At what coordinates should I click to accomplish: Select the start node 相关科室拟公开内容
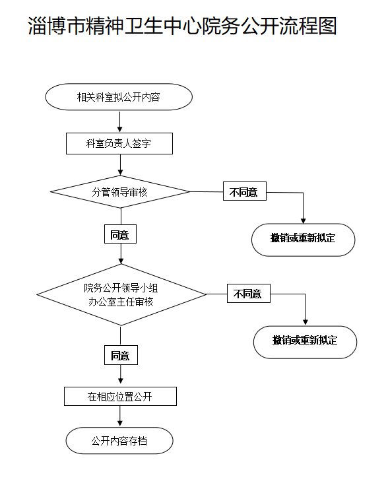pos(119,98)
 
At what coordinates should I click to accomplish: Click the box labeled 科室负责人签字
pos(119,143)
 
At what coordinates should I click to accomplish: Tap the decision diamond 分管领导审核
pos(119,192)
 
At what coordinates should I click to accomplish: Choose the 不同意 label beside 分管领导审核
pos(244,193)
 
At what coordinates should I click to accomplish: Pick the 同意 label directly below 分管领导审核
pos(119,234)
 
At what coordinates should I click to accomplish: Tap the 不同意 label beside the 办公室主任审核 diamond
pos(248,294)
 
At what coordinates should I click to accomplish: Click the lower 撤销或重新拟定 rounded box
pos(305,341)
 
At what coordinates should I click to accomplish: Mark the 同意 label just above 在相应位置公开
pos(120,356)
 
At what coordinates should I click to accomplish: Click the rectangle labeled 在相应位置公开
pos(120,397)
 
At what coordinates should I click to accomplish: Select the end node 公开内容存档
pos(119,441)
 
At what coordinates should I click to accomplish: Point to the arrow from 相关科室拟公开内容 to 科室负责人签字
pos(119,121)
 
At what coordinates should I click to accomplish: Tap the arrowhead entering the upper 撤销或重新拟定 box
pos(304,220)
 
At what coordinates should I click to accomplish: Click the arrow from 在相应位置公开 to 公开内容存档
pos(120,417)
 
